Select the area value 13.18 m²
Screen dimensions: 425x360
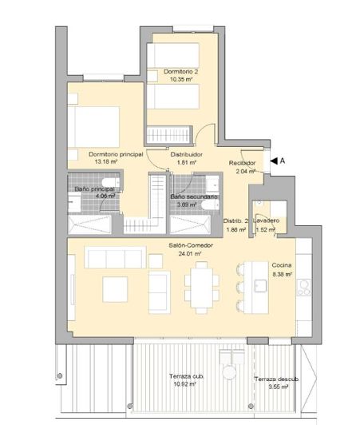106,161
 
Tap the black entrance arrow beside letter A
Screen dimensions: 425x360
273,161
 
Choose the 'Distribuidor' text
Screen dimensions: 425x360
186,155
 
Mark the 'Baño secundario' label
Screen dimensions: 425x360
192,197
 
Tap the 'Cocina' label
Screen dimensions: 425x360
282,265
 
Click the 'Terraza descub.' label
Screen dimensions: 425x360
276,379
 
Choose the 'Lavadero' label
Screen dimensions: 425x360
266,220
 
